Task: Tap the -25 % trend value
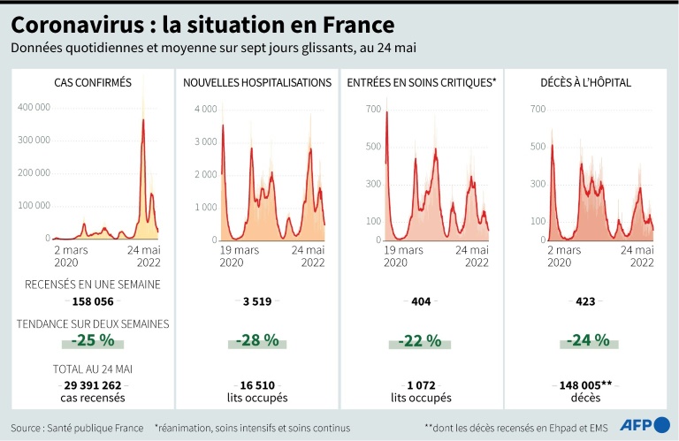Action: pos(94,339)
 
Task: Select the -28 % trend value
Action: pos(257,339)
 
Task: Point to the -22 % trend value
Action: pos(421,339)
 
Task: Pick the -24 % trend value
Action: pos(584,339)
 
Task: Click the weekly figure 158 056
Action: pos(94,301)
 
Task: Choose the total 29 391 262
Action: pos(94,385)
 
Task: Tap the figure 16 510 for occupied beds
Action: pos(257,385)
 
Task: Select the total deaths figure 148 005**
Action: pos(584,385)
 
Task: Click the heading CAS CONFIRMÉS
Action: pos(93,83)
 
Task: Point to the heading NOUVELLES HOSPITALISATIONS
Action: pos(257,83)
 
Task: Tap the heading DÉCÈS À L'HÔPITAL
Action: pos(584,83)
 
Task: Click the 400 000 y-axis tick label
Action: pos(34,107)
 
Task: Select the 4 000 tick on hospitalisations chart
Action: pos(205,109)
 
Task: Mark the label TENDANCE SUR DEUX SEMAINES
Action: pos(93,323)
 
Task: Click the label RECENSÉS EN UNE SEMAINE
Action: pos(93,285)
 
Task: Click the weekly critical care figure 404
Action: pos(421,301)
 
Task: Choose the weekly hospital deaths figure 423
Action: pos(584,301)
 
